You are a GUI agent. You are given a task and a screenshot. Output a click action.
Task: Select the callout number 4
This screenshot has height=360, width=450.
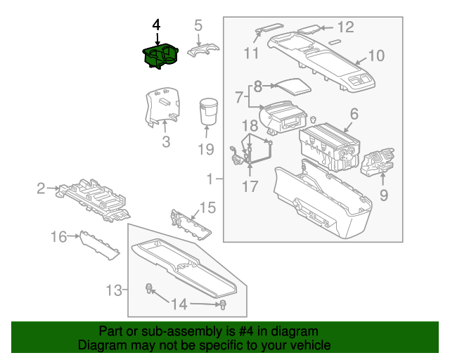[x=156, y=25]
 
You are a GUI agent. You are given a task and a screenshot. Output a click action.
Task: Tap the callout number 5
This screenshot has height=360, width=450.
[x=198, y=25]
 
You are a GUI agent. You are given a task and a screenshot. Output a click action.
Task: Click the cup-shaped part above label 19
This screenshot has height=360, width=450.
[x=208, y=112]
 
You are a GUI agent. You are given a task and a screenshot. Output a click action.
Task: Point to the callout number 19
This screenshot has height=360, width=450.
[x=205, y=149]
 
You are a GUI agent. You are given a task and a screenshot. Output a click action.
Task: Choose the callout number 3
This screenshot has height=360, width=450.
[x=166, y=143]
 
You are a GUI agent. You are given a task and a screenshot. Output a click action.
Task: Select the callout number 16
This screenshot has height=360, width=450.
[x=60, y=238]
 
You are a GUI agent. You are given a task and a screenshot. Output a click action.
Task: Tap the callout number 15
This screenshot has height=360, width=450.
[x=207, y=207]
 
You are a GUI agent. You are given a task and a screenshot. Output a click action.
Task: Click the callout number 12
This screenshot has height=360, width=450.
[x=345, y=28]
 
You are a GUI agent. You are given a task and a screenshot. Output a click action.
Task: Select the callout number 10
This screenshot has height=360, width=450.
[x=376, y=55]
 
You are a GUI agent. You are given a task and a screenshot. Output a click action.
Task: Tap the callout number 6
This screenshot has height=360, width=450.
[x=354, y=113]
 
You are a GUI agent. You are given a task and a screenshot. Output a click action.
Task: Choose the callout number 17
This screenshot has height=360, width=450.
[x=251, y=187]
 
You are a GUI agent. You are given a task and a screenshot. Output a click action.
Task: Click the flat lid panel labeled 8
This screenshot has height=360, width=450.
[x=291, y=87]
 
